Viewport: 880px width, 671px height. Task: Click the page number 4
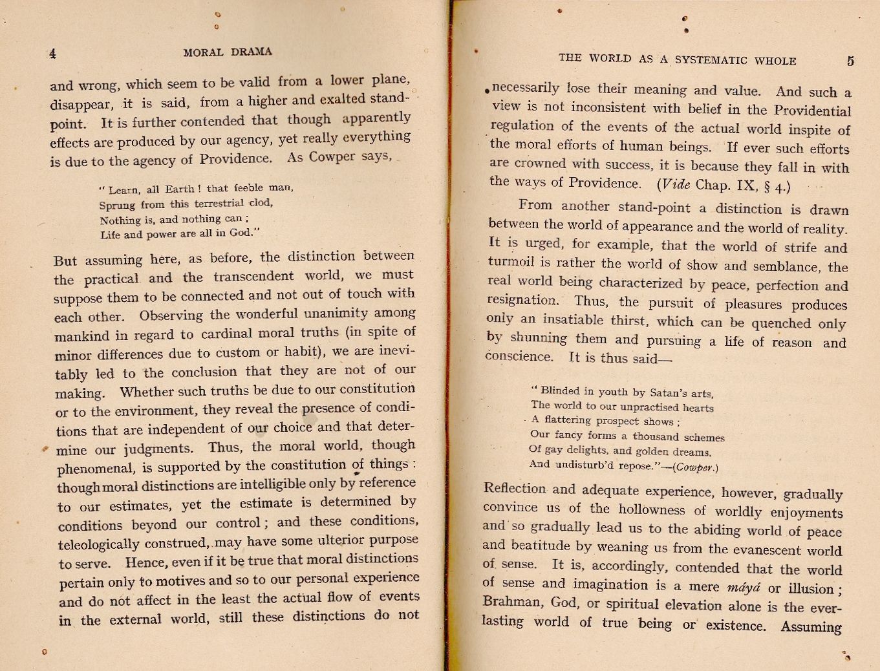(x=52, y=54)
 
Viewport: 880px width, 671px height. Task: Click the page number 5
(x=850, y=61)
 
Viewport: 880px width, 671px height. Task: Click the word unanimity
(x=340, y=314)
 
